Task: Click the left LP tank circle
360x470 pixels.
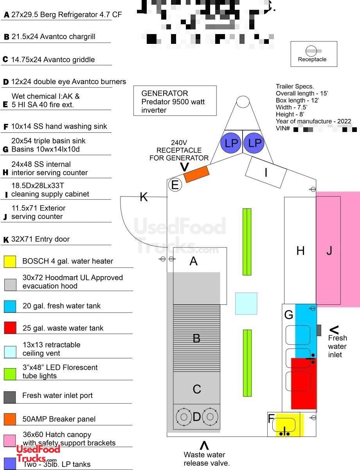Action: click(x=231, y=143)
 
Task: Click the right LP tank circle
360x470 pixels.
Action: click(x=254, y=143)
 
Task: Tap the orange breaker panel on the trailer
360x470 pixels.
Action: click(x=196, y=174)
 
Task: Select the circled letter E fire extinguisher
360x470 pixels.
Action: click(x=175, y=185)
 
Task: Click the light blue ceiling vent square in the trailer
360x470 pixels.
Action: click(x=246, y=304)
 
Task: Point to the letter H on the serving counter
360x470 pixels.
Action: click(x=300, y=251)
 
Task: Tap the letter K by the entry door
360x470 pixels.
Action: click(x=144, y=197)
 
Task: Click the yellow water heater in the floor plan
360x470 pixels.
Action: click(x=290, y=425)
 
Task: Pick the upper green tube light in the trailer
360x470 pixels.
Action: click(x=247, y=242)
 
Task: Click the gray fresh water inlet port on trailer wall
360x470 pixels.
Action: click(x=319, y=330)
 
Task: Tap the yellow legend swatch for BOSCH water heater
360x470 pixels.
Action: click(x=10, y=261)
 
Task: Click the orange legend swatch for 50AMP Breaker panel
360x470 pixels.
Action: click(x=10, y=419)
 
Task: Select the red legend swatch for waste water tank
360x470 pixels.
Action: click(x=10, y=328)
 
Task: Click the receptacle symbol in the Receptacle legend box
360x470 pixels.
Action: click(x=312, y=51)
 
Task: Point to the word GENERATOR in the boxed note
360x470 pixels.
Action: click(x=165, y=94)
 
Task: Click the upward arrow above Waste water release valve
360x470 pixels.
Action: click(x=204, y=445)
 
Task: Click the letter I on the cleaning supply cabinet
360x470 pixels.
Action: click(x=266, y=172)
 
